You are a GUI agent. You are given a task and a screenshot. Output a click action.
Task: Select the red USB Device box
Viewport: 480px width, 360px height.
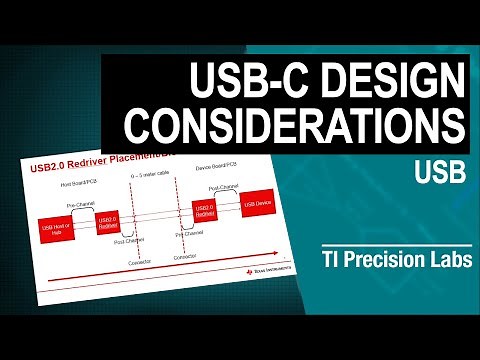pyautogui.click(x=257, y=207)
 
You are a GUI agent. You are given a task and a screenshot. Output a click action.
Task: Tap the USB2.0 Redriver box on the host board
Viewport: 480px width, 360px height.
pyautogui.click(x=108, y=223)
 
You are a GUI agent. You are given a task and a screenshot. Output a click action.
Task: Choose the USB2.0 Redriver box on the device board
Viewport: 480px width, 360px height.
pyautogui.click(x=205, y=211)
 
